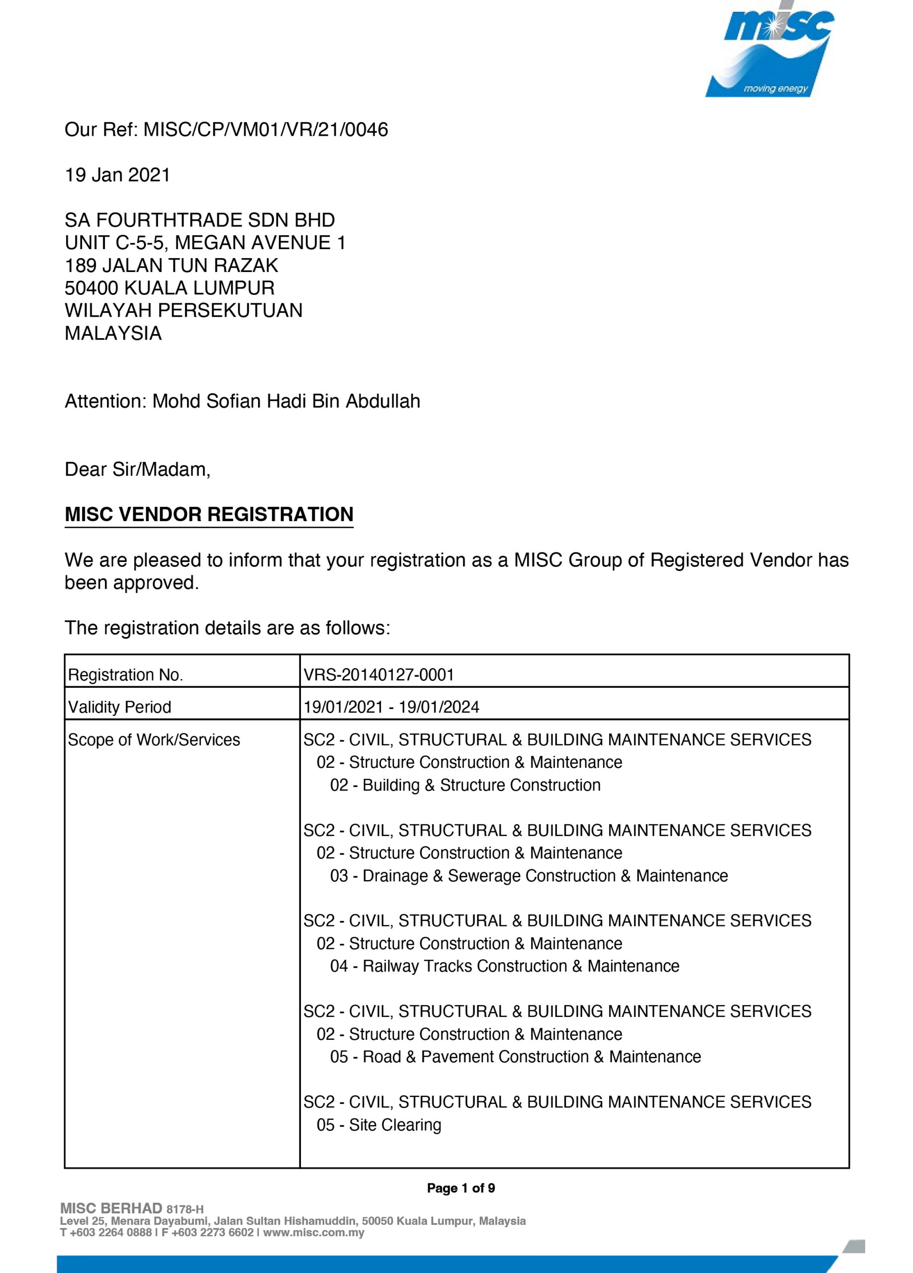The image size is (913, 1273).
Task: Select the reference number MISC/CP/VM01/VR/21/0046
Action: point(266,130)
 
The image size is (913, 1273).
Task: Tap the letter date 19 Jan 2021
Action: point(117,175)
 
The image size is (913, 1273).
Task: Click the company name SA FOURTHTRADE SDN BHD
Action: point(200,220)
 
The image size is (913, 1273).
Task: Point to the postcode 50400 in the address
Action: point(91,288)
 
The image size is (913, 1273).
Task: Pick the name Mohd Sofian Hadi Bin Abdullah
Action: point(286,401)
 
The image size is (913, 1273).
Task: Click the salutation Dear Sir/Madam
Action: point(137,469)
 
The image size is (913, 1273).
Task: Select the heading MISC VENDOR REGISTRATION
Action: point(209,515)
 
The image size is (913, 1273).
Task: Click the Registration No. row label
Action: point(126,675)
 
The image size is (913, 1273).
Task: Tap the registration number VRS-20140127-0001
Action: point(379,675)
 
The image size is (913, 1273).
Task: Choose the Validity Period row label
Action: point(119,707)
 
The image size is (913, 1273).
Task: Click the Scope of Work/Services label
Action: point(154,740)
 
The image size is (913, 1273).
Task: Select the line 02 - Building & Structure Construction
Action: point(465,785)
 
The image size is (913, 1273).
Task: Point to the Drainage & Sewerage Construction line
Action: point(529,876)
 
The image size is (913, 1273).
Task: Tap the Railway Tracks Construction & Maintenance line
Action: point(504,966)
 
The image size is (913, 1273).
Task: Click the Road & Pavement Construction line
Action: point(515,1057)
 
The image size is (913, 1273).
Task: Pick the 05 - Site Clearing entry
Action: point(379,1125)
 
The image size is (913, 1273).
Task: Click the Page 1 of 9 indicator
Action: point(460,1188)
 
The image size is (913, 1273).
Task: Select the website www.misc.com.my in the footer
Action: point(314,1233)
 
